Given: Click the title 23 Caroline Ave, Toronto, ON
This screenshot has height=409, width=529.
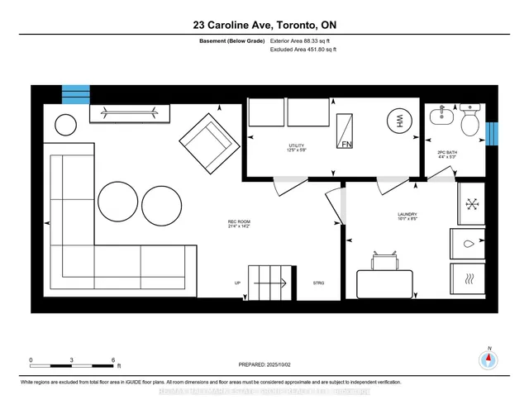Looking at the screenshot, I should tap(264, 24).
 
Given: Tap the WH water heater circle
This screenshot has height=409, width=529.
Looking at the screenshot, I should tap(400, 121).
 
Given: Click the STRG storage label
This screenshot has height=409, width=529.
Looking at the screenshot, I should tap(318, 283).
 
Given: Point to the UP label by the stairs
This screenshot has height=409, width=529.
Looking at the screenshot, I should tap(238, 283).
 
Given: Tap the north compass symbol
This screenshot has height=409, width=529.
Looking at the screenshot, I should tap(489, 359).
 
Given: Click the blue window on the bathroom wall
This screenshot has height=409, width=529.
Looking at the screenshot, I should tap(493, 132).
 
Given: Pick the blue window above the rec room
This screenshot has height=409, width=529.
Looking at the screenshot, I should tap(74, 93).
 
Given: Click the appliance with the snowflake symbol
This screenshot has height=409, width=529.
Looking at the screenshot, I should tap(472, 203).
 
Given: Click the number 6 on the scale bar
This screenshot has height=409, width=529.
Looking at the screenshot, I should tap(112, 360).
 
